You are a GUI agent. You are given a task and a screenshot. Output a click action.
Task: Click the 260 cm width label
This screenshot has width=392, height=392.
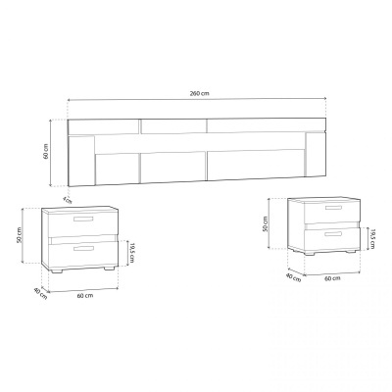200,93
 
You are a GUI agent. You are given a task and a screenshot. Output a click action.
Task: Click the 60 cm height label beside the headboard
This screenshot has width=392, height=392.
46,151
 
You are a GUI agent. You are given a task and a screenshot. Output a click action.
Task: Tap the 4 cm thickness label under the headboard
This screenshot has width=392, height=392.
67,200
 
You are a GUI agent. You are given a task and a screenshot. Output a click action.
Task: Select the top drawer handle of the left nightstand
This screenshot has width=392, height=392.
83,219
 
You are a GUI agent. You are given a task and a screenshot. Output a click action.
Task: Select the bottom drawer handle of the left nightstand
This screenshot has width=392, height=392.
83,249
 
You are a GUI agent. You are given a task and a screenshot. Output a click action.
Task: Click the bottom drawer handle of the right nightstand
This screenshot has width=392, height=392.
333,234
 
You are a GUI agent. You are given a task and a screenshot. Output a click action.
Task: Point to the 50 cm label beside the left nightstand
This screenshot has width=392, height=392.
20,235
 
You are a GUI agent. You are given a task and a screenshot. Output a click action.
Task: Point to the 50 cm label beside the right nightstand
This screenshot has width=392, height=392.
266,224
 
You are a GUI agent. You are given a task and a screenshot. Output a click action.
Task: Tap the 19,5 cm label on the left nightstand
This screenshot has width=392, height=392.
131,253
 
